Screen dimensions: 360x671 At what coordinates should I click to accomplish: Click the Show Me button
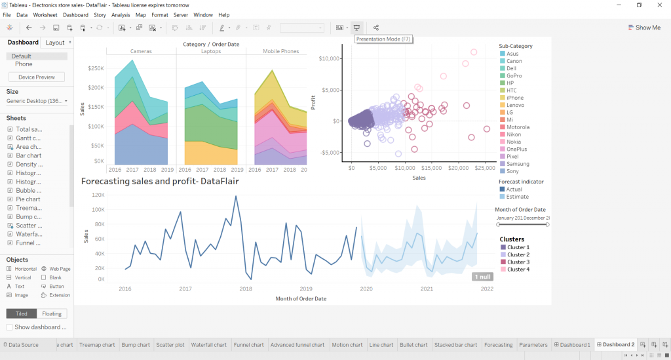point(643,28)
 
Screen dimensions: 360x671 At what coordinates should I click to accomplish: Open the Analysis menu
point(121,14)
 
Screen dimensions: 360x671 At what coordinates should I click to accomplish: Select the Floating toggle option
point(52,313)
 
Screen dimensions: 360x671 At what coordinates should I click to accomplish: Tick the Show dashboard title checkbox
point(10,327)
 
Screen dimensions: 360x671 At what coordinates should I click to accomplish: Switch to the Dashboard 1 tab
point(574,345)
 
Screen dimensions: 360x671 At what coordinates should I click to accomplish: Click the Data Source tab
point(21,345)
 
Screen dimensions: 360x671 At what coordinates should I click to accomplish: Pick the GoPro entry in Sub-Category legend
point(514,75)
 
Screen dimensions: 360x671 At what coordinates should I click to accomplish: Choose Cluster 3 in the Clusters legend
point(518,262)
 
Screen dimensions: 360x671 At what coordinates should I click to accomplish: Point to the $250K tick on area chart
point(95,68)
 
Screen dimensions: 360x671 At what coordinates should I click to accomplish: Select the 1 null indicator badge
point(482,277)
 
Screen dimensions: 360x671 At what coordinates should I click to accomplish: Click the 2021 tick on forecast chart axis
point(427,289)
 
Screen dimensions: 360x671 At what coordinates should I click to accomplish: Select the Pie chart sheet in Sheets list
point(28,199)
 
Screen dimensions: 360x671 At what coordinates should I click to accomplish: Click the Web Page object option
point(60,269)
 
